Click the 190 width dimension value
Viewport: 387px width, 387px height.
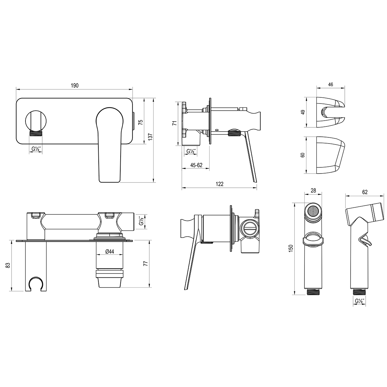point(74,85)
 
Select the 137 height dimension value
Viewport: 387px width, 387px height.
point(150,136)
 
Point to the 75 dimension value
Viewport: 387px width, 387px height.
point(141,122)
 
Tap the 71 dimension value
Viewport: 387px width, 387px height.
point(175,123)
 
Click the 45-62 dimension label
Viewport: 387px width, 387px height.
point(196,165)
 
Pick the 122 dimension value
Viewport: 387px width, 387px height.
point(220,184)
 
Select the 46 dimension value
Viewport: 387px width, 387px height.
point(330,84)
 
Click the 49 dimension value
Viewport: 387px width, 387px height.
point(303,112)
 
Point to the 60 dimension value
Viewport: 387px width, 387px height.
point(303,155)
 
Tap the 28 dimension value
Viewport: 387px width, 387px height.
point(313,190)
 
